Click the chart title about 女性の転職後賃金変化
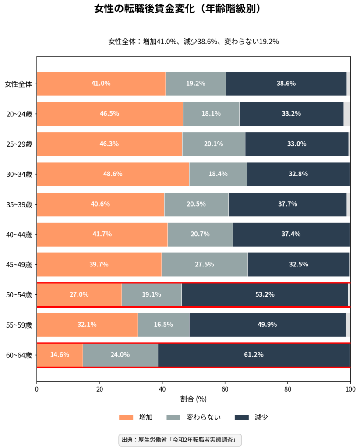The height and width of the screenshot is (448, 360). click(x=180, y=9)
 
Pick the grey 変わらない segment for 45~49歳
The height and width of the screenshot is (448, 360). click(x=204, y=264)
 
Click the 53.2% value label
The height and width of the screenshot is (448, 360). click(x=265, y=294)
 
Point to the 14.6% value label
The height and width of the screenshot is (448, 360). click(x=60, y=355)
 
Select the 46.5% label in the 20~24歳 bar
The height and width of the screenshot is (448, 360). click(x=109, y=114)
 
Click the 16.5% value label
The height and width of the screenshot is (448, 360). click(x=163, y=325)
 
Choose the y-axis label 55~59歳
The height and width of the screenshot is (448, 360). click(x=19, y=325)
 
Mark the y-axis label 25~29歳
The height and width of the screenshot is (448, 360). click(x=19, y=144)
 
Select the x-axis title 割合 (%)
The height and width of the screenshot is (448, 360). click(x=193, y=399)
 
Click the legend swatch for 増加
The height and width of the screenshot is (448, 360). click(x=126, y=417)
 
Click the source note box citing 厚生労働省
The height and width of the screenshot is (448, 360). click(x=180, y=440)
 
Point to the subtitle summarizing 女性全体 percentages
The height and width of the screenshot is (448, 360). click(x=194, y=42)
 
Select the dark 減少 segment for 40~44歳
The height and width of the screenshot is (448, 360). click(x=291, y=234)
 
